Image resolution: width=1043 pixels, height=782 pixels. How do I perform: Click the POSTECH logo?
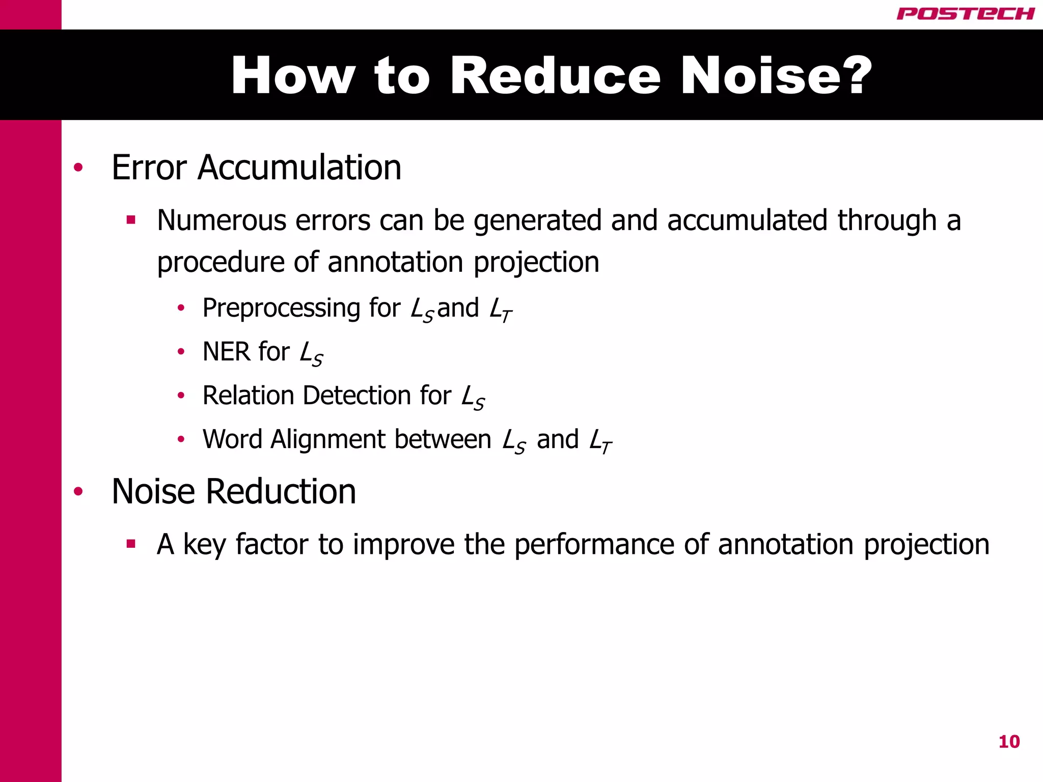tap(965, 14)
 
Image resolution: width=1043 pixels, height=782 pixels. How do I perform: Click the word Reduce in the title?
tap(555, 76)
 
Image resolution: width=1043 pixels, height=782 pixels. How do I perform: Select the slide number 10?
tap(1009, 742)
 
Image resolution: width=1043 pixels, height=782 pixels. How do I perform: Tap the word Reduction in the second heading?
tap(281, 492)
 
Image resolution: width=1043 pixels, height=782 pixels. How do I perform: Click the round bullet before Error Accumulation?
tap(78, 167)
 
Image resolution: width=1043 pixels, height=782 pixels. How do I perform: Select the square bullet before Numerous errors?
tap(131, 220)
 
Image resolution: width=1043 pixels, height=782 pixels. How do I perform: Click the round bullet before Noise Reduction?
tap(78, 491)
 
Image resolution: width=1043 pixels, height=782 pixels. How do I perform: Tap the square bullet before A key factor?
tap(131, 544)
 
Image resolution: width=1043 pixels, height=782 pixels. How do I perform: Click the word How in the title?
tap(293, 76)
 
